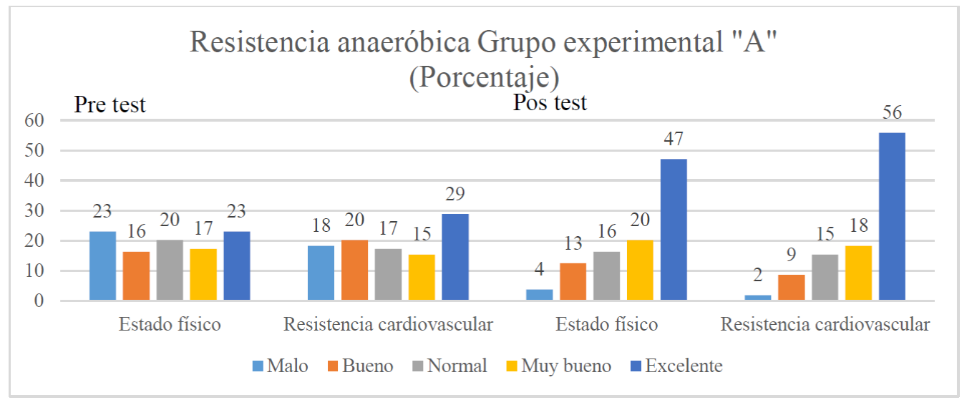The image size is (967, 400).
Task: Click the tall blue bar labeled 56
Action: pyautogui.click(x=892, y=216)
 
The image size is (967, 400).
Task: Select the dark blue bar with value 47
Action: pyautogui.click(x=674, y=230)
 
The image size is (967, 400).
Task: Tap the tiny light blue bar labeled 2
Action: pyautogui.click(x=757, y=297)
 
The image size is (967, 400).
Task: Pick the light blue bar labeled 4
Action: pyautogui.click(x=539, y=295)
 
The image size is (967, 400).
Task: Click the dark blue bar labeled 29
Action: pyautogui.click(x=455, y=257)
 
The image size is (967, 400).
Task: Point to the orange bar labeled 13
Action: pyautogui.click(x=573, y=282)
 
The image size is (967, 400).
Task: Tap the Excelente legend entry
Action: pyautogui.click(x=675, y=366)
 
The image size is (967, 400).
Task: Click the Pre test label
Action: pyautogui.click(x=110, y=105)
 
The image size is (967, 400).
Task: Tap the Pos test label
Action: pyautogui.click(x=550, y=102)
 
